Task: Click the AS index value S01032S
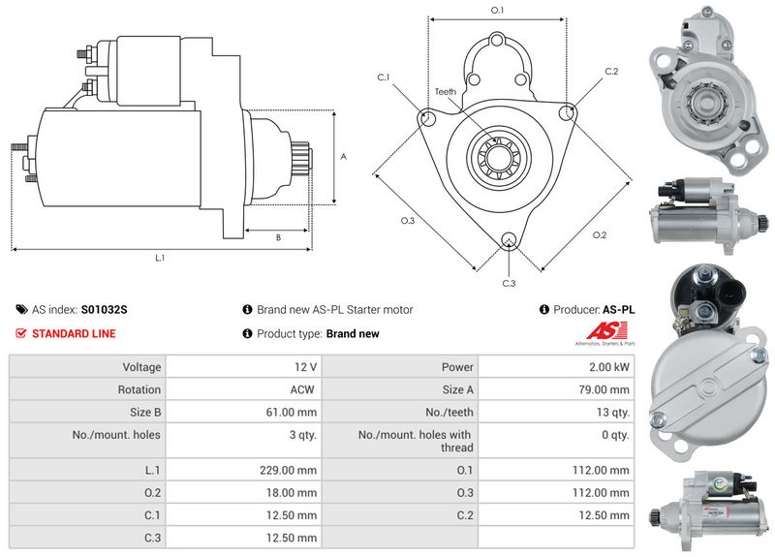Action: tap(104, 310)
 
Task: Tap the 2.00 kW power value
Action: tap(609, 367)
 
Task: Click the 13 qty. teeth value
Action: tap(611, 412)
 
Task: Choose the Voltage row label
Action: tap(141, 367)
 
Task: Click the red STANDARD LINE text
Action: tap(74, 333)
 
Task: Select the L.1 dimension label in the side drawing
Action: tap(160, 258)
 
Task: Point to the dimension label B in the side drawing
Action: tap(278, 237)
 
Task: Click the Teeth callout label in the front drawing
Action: tap(445, 92)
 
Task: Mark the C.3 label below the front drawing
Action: tap(509, 283)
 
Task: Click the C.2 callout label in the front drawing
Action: tap(611, 72)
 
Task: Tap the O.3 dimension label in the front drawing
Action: tap(408, 221)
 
